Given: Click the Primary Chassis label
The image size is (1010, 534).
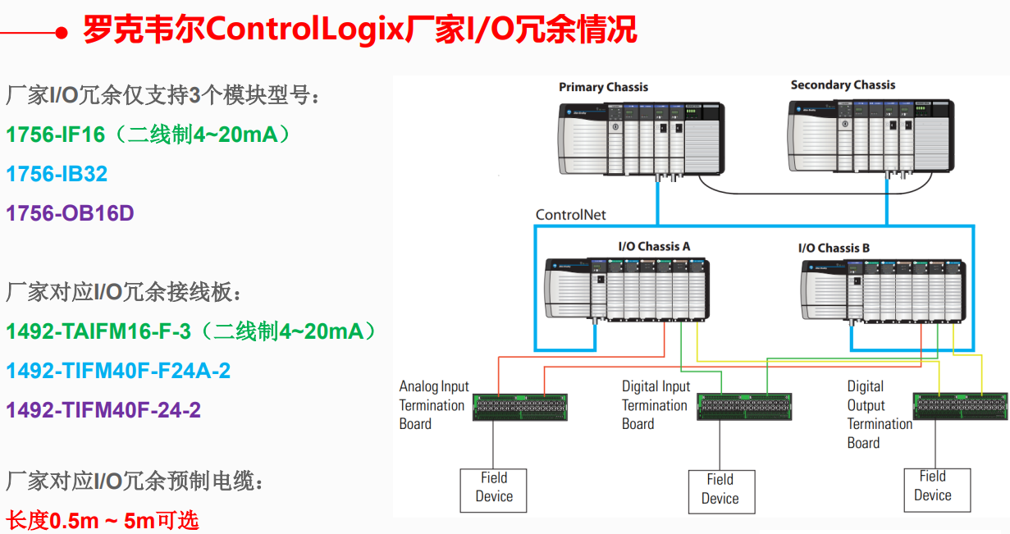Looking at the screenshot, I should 603,87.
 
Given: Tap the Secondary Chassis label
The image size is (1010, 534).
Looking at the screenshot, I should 843,84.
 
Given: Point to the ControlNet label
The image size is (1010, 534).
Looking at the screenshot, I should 570,215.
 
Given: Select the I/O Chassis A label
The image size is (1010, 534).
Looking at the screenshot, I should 654,246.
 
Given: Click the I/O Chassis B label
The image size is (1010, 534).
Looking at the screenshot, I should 834,248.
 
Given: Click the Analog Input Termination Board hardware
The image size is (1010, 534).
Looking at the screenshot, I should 520,407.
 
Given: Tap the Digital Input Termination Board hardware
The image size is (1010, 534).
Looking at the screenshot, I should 744,407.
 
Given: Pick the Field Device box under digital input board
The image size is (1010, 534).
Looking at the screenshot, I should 720,490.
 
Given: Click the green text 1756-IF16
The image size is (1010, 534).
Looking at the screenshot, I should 57,135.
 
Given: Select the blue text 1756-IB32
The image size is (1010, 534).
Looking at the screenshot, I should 57,174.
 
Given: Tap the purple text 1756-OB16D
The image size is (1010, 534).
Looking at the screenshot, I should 70,213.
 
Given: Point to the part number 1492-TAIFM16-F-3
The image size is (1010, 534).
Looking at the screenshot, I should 98,331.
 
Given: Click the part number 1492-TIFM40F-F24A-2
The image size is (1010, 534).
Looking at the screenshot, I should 118,371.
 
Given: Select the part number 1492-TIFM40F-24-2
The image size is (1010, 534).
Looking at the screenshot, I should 103,409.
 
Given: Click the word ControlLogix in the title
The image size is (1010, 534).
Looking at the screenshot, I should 305,31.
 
